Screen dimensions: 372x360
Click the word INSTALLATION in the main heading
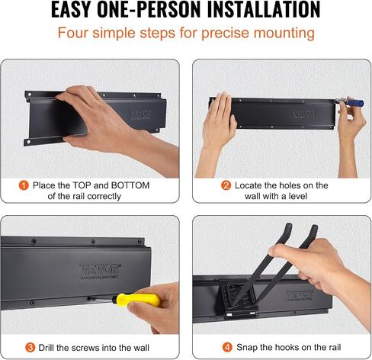pyautogui.click(x=264, y=9)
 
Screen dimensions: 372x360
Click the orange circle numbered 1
pyautogui.click(x=24, y=185)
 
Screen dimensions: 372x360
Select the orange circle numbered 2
pyautogui.click(x=226, y=185)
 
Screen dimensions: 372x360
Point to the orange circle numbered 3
pyautogui.click(x=30, y=347)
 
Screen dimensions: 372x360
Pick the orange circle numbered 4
pyautogui.click(x=227, y=347)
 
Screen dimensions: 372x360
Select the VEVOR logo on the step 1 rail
pyautogui.click(x=141, y=114)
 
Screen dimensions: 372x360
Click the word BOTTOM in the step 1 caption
pyautogui.click(x=130, y=185)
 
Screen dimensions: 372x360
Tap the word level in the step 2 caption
pyautogui.click(x=297, y=196)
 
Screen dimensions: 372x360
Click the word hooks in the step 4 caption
pyautogui.click(x=288, y=347)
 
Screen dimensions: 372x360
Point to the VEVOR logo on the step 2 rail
pyautogui.click(x=304, y=114)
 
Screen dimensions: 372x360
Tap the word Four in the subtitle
pyautogui.click(x=73, y=33)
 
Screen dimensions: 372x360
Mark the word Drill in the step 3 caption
pyautogui.click(x=46, y=347)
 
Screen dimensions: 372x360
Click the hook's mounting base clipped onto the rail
pyautogui.click(x=239, y=299)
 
